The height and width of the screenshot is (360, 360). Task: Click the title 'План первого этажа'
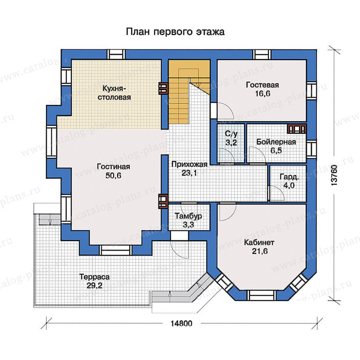pyautogui.click(x=175, y=32)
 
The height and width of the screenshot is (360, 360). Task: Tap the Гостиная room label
pyautogui.click(x=114, y=166)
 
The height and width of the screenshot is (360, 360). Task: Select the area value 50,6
pyautogui.click(x=114, y=176)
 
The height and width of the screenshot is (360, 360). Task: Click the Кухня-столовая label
pyautogui.click(x=114, y=93)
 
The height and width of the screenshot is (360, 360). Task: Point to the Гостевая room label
pyautogui.click(x=262, y=85)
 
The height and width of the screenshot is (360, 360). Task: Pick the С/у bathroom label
pyautogui.click(x=231, y=134)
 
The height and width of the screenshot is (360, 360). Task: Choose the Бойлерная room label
pyautogui.click(x=276, y=142)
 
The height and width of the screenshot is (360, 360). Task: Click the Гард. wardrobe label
pyautogui.click(x=290, y=177)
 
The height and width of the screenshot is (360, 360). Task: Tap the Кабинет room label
pyautogui.click(x=259, y=242)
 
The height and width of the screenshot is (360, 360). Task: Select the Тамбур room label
pyautogui.click(x=188, y=216)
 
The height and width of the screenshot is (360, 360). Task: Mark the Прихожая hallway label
pyautogui.click(x=190, y=164)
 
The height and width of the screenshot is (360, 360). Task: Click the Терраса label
pyautogui.click(x=94, y=277)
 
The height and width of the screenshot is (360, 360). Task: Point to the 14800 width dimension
pyautogui.click(x=181, y=324)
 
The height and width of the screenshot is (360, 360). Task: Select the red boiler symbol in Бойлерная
pyautogui.click(x=297, y=129)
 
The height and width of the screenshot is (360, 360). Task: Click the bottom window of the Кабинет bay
pyautogui.click(x=262, y=295)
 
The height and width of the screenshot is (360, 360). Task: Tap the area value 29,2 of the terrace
pyautogui.click(x=94, y=286)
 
